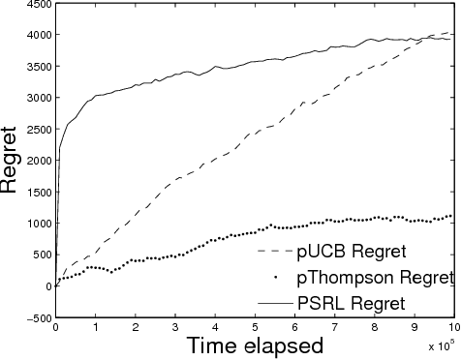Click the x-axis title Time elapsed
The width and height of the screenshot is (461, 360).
point(255,345)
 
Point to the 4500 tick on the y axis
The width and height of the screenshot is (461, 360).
point(36,6)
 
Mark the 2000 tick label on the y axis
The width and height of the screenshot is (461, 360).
point(36,161)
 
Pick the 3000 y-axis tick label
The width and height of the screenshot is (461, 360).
point(36,99)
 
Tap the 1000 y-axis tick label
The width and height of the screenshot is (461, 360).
point(36,224)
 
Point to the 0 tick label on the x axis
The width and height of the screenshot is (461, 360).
point(56,327)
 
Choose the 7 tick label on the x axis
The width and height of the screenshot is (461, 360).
point(333,327)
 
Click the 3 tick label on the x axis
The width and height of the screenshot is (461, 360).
point(174,327)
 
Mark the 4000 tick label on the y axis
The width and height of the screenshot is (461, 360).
point(36,37)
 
